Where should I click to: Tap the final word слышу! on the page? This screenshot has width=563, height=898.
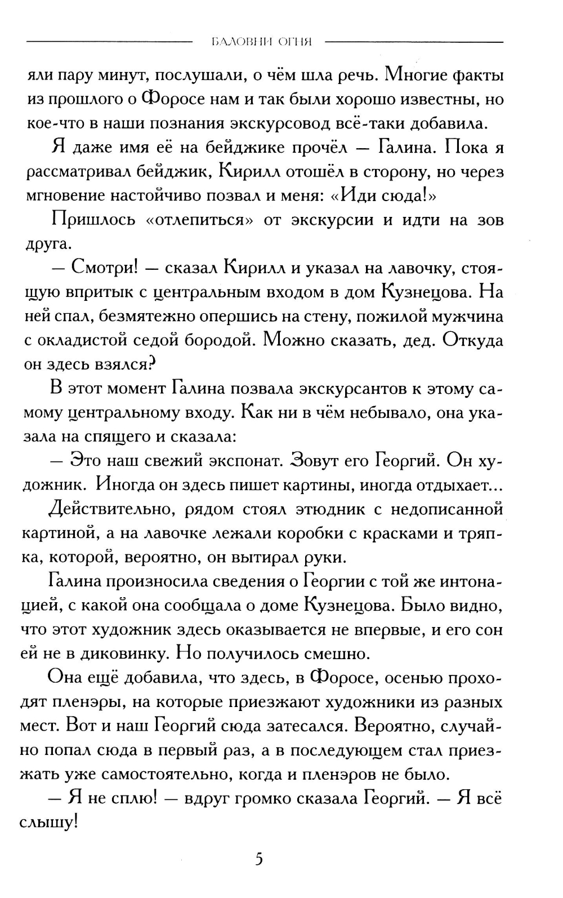pos(49,823)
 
